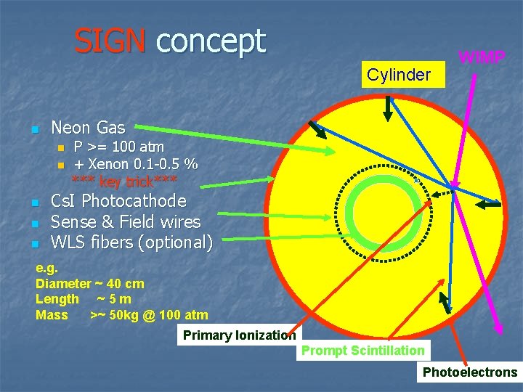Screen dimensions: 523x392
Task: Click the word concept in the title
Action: tap(211, 41)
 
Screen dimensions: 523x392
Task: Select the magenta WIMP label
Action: tap(482, 57)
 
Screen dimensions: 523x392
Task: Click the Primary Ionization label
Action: tap(239, 335)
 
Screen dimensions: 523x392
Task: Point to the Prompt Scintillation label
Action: tap(363, 351)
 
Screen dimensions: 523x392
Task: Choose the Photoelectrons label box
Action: tap(470, 372)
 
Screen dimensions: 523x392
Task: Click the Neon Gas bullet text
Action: tap(88, 128)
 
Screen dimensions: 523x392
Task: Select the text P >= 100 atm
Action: tap(119, 147)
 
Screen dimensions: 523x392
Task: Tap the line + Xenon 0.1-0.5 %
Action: tap(137, 163)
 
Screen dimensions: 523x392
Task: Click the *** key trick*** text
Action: tap(124, 180)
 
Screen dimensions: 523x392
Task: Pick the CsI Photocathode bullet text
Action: tap(118, 201)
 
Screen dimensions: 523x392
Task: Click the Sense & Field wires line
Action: tap(126, 221)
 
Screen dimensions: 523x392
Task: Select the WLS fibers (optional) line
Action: tap(131, 242)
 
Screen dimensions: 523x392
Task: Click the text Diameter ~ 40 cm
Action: tap(90, 284)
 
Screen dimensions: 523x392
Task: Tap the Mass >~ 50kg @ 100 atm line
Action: tap(121, 315)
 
